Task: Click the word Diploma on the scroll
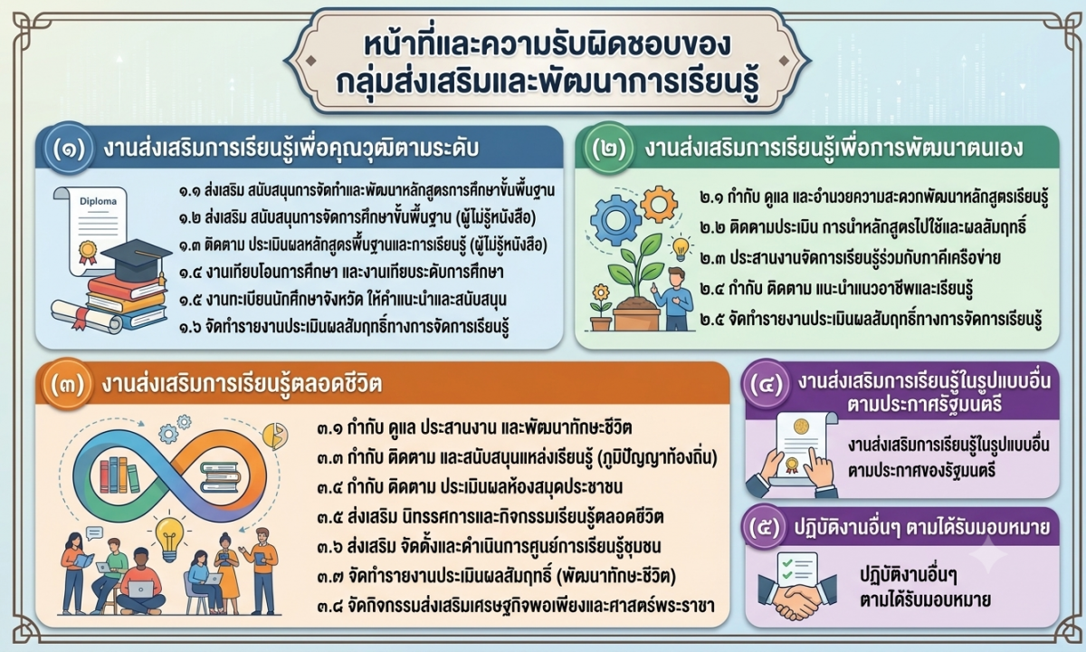(x=98, y=201)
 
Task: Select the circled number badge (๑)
(x=70, y=149)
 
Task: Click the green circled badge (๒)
(x=609, y=149)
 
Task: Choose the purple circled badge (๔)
(x=766, y=384)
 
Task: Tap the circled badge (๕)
(x=766, y=527)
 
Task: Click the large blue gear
(x=615, y=221)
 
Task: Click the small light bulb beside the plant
(x=681, y=248)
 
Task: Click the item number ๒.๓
(x=712, y=258)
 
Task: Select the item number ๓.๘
(x=330, y=607)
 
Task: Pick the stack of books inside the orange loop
(x=221, y=477)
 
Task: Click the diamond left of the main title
(x=310, y=61)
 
